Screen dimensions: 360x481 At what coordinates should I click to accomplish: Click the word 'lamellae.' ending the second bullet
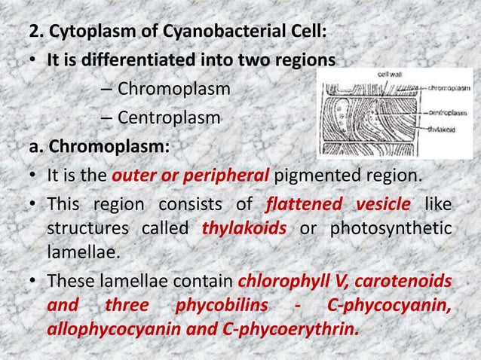coord(72,249)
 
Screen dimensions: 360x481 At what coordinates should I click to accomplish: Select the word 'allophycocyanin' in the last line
coord(103,330)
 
